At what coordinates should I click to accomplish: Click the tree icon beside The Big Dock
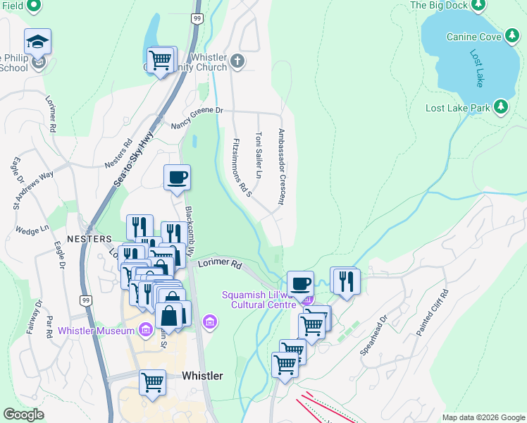pyautogui.click(x=479, y=5)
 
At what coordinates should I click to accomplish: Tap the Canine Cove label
pyautogui.click(x=471, y=36)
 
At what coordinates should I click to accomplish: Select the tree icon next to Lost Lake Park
pyautogui.click(x=501, y=107)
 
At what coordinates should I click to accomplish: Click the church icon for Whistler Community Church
pyautogui.click(x=237, y=61)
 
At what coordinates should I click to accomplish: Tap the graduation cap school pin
pyautogui.click(x=37, y=41)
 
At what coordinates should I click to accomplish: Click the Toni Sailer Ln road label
pyautogui.click(x=259, y=154)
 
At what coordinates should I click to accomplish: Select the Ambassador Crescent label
pyautogui.click(x=281, y=166)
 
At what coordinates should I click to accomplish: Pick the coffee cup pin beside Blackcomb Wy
pyautogui.click(x=177, y=177)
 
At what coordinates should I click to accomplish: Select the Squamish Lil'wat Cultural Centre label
pyautogui.click(x=266, y=300)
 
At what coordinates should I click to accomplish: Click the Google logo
pyautogui.click(x=23, y=414)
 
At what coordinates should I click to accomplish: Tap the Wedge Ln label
pyautogui.click(x=32, y=229)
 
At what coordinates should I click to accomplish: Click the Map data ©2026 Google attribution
pyautogui.click(x=483, y=417)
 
